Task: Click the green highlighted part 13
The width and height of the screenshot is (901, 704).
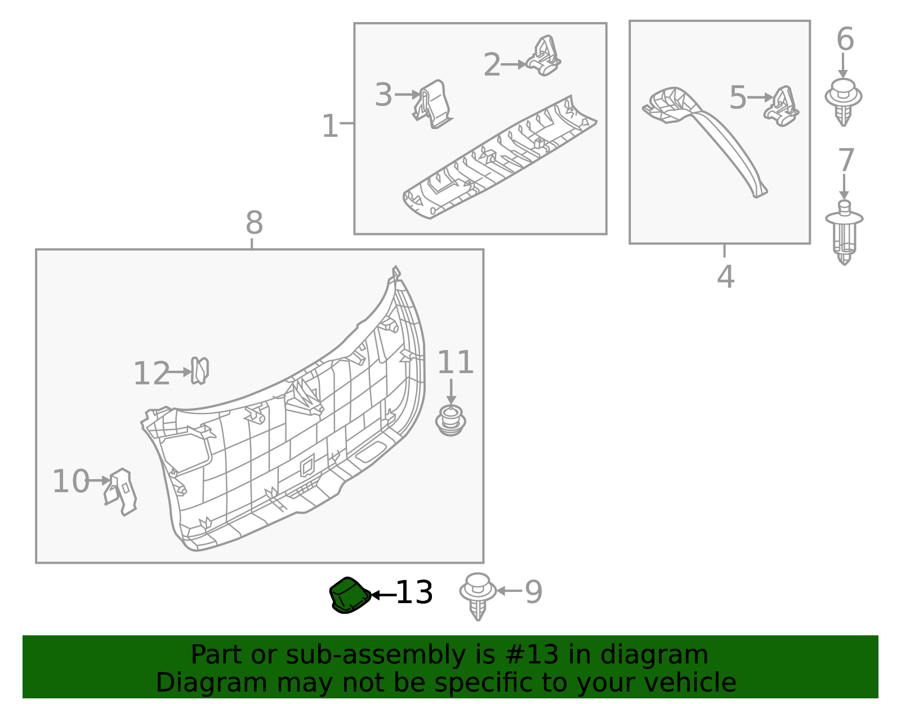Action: pos(349,595)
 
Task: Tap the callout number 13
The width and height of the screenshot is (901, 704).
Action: pos(414,593)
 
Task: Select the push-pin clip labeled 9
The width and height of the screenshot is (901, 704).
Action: pos(478,596)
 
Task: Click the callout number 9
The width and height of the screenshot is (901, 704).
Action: pos(533,592)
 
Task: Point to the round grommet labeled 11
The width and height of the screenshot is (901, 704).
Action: pos(450,420)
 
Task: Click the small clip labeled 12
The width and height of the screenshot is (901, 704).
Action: pos(199,370)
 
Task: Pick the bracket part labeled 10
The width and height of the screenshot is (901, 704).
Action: pos(122,491)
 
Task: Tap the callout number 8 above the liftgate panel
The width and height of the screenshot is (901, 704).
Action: pos(254,223)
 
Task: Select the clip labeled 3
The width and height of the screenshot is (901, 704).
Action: pos(432,104)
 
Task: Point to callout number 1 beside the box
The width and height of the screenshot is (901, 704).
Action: pos(329,126)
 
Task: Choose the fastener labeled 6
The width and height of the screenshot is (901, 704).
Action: pos(843,101)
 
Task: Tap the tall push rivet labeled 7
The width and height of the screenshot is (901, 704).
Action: pos(844,232)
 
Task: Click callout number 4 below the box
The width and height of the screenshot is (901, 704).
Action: pos(726,277)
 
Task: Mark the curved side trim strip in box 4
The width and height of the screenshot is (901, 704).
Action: pos(715,135)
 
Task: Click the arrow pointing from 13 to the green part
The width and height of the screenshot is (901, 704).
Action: pos(383,595)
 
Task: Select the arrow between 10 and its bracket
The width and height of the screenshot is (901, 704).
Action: pos(100,481)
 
